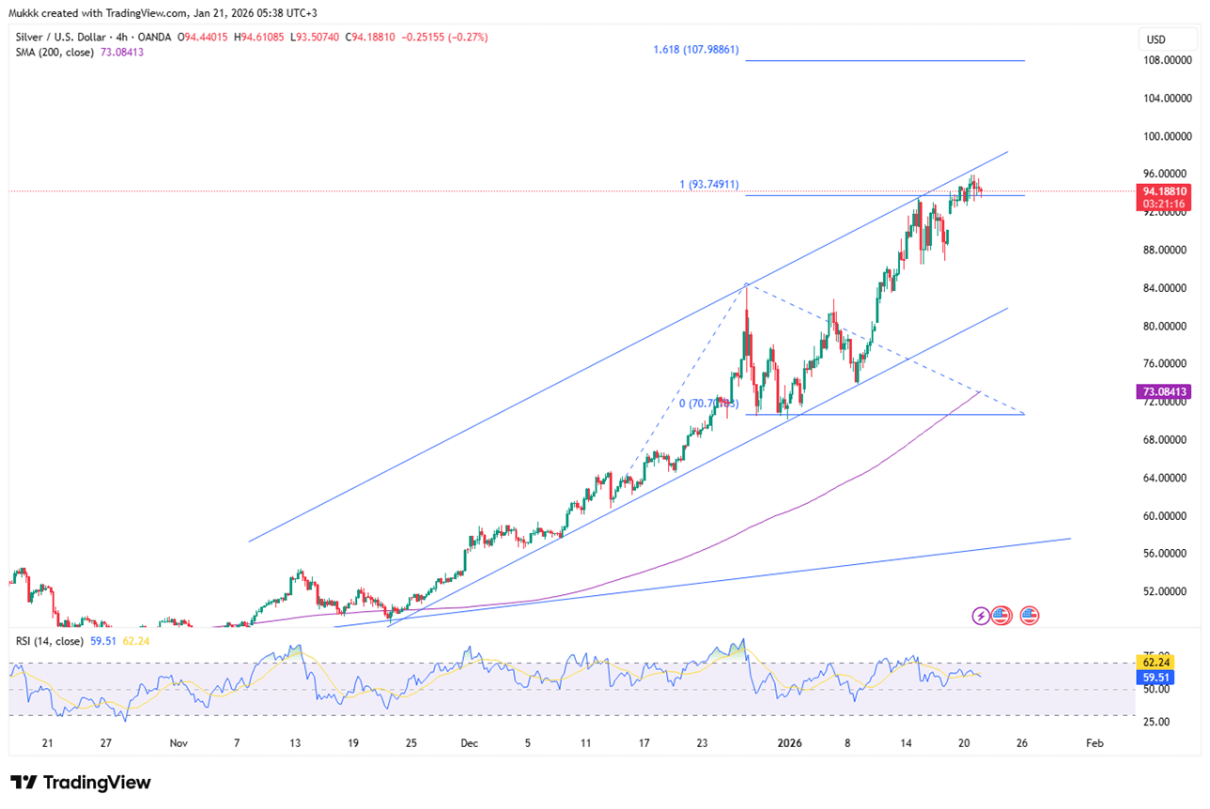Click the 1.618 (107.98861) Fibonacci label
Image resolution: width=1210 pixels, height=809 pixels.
(x=696, y=49)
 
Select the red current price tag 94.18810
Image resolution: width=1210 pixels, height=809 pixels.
(x=1164, y=191)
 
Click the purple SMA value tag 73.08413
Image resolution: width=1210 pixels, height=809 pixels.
(x=1164, y=391)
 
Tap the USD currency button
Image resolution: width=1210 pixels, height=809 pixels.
(x=1156, y=40)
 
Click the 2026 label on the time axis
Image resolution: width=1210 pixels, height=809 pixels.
(x=789, y=742)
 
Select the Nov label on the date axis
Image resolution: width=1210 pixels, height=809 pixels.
(x=178, y=742)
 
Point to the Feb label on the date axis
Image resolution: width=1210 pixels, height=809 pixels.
(x=1094, y=742)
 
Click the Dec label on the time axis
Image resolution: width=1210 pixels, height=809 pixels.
(x=470, y=742)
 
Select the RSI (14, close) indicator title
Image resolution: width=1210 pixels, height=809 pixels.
(x=54, y=641)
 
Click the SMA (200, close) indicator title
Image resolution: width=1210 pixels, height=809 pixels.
(x=54, y=52)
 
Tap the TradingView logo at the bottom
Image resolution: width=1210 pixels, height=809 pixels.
(x=81, y=783)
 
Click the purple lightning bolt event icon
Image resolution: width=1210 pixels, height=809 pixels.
(x=981, y=616)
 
